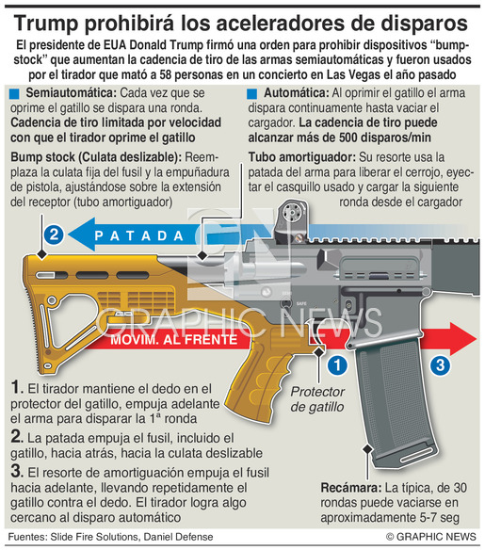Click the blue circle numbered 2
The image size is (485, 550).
(x=54, y=235)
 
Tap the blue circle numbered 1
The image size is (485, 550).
(x=337, y=365)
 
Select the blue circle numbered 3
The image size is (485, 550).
(x=440, y=365)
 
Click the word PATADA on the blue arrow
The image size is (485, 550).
(x=139, y=235)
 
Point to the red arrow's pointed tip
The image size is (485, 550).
(x=477, y=339)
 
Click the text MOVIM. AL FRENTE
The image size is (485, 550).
(x=174, y=340)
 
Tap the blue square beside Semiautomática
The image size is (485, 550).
(x=14, y=93)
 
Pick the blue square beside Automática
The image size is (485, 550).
(x=251, y=93)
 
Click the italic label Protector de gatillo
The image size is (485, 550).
(x=317, y=399)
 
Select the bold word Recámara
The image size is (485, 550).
(x=350, y=488)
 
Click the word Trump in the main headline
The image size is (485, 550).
(x=46, y=24)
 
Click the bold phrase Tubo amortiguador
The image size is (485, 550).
(x=302, y=157)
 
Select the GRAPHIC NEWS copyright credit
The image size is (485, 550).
(x=431, y=537)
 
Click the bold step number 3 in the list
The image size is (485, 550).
(x=16, y=471)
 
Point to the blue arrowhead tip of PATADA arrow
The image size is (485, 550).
(x=69, y=235)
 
